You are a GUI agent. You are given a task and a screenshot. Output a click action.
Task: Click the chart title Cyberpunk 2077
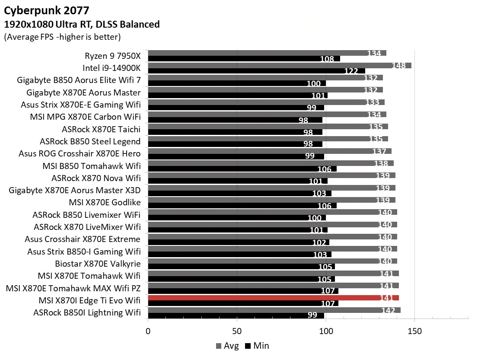pyautogui.click(x=48, y=10)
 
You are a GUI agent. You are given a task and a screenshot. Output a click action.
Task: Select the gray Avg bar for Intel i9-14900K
pyautogui.click(x=279, y=65)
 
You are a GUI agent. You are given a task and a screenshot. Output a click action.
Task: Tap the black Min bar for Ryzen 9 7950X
pyautogui.click(x=244, y=59)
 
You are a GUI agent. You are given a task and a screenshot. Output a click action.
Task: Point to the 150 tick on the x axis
pyautogui.click(x=414, y=331)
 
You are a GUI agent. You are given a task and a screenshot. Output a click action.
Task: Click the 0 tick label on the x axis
pyautogui.click(x=148, y=331)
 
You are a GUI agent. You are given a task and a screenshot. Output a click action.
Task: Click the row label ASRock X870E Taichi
pyautogui.click(x=101, y=129)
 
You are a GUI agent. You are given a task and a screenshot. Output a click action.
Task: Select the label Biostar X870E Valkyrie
pyautogui.click(x=98, y=264)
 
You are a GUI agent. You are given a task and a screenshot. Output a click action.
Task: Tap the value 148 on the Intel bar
pyautogui.click(x=398, y=66)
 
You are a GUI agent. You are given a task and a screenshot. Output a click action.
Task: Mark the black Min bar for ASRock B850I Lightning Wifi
pyautogui.click(x=236, y=315)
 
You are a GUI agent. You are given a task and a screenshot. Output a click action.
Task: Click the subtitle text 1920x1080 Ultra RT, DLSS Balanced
pyautogui.click(x=82, y=24)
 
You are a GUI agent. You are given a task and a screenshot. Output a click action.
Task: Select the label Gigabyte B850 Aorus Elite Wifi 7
pyautogui.click(x=79, y=80)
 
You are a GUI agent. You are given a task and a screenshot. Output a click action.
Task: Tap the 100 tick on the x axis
pyautogui.click(x=326, y=331)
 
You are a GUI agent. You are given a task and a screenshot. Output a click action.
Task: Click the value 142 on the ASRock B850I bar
pyautogui.click(x=388, y=310)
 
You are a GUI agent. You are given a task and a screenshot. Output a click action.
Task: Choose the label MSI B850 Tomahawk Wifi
pyautogui.click(x=92, y=166)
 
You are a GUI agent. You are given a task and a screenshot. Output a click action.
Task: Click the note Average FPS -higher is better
pyautogui.click(x=62, y=37)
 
